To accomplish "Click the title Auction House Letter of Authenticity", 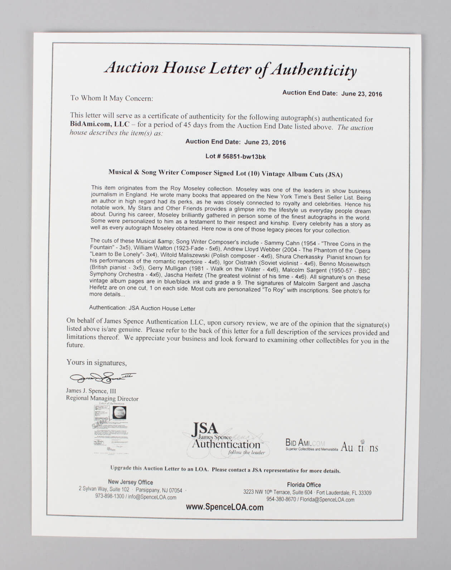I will [x=231, y=69].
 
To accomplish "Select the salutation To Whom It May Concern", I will [x=112, y=98].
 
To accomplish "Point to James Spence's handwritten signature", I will [x=102, y=377].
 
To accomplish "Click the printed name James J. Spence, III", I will [x=91, y=391].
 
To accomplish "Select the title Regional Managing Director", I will [x=102, y=398].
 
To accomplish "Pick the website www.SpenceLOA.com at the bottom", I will [x=224, y=507].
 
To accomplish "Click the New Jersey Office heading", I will [x=130, y=482].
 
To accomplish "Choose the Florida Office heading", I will [x=304, y=485].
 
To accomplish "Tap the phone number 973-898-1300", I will [x=110, y=497].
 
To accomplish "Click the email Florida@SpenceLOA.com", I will [x=327, y=500].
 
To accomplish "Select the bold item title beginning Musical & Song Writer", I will [x=225, y=173].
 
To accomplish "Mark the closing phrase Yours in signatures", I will [x=96, y=362].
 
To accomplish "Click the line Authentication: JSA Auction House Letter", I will [x=142, y=308].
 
